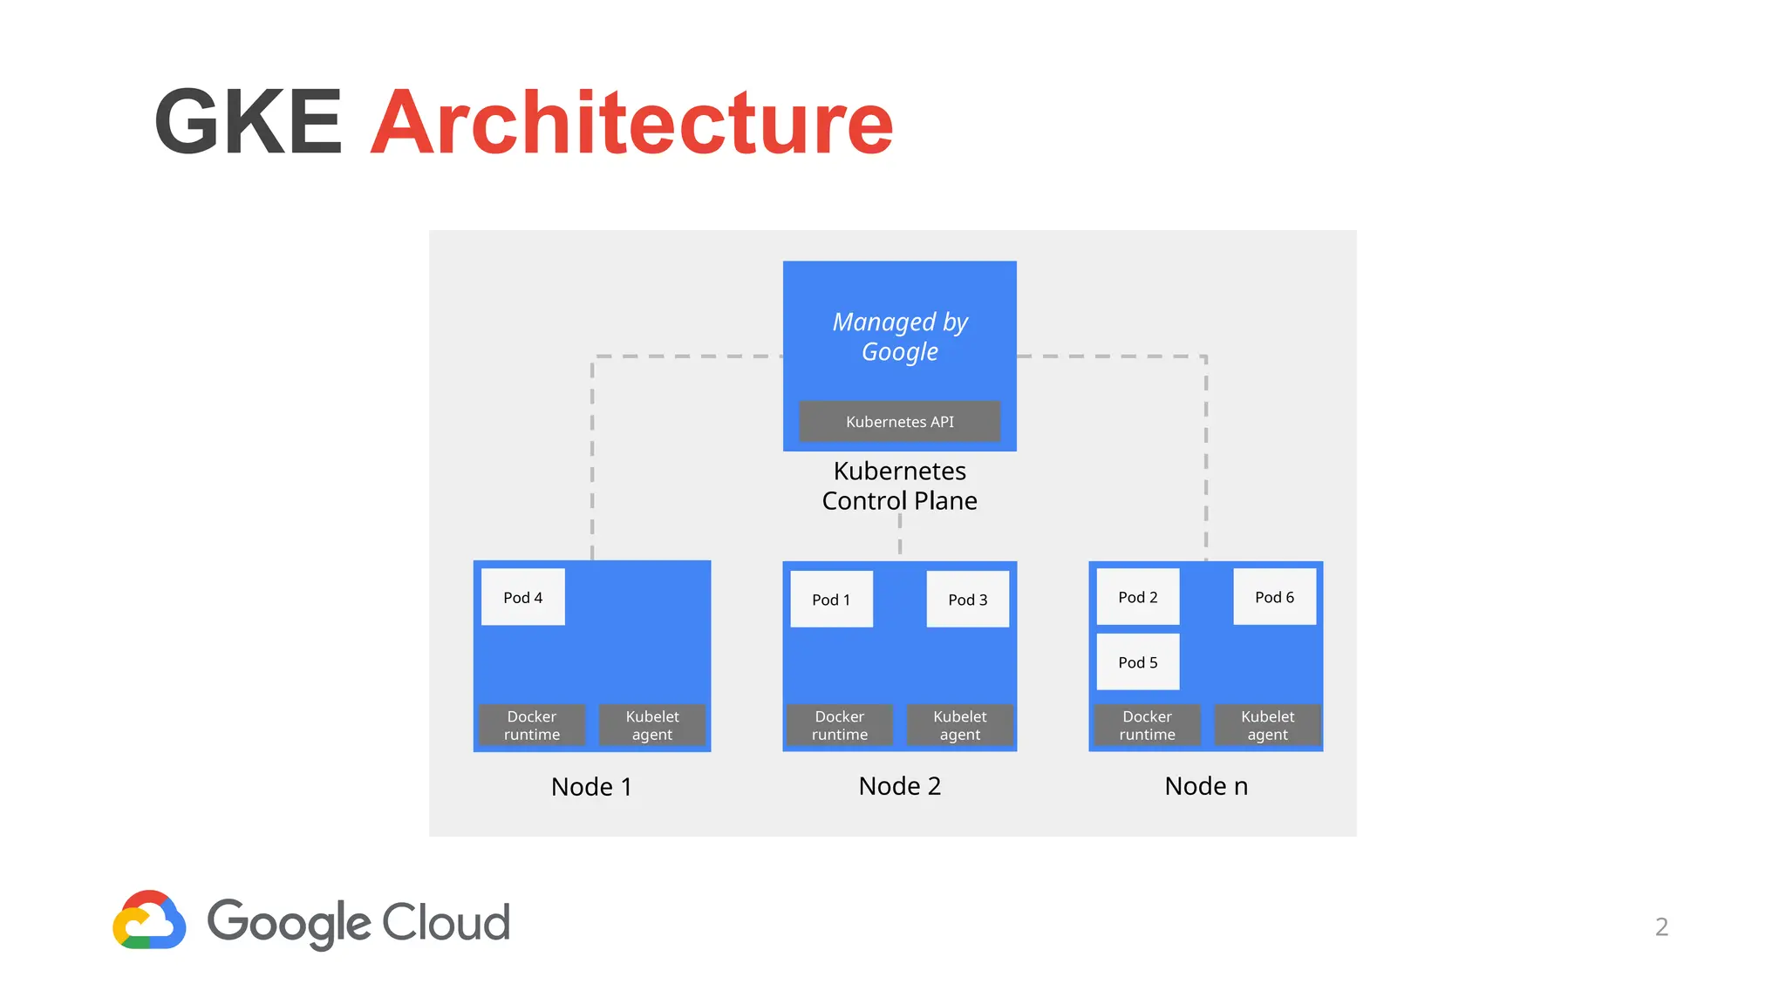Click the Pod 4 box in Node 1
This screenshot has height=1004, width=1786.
[522, 597]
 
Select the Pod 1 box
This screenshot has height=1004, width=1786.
[831, 599]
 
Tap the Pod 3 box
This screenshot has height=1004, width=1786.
[967, 599]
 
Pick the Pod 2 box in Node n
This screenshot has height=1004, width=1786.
[1137, 597]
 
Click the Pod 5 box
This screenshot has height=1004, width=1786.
[1137, 662]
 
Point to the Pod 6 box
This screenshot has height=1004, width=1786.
[1274, 597]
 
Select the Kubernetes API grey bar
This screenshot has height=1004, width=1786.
[899, 422]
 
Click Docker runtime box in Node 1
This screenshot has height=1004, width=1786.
[532, 725]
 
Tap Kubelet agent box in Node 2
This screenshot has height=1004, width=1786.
[959, 725]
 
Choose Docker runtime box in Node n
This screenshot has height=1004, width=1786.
[1147, 725]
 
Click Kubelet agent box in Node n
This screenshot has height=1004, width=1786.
[1267, 725]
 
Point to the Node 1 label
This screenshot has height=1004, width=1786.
[591, 787]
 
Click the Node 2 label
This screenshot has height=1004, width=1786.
[899, 786]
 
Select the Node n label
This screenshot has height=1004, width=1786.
[1206, 786]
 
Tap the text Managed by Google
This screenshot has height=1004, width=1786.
[899, 336]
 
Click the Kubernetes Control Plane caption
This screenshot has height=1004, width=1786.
[899, 485]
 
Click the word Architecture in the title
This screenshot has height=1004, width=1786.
[631, 123]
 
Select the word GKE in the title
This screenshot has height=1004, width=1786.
[249, 123]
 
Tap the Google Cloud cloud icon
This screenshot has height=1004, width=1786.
[149, 920]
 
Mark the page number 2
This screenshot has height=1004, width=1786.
[1661, 926]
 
